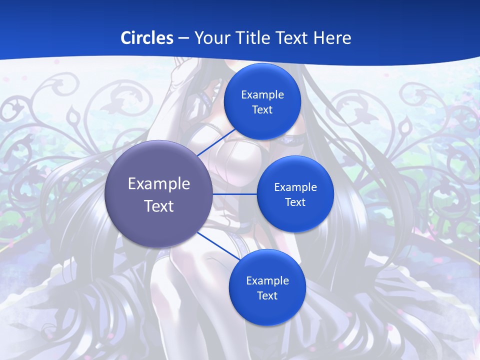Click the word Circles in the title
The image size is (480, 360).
pos(146,38)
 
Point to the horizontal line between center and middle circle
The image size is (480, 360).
pos(235,194)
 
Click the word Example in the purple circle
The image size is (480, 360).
pos(159,184)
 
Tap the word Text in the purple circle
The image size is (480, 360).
pos(159,206)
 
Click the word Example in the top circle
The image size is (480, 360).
pos(262,95)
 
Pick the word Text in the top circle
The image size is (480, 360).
pos(262,110)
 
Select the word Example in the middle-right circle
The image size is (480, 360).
pos(295,187)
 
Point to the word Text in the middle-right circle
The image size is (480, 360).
pos(295,202)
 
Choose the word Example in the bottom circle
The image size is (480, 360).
pos(267,281)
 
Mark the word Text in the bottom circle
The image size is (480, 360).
pos(267,296)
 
